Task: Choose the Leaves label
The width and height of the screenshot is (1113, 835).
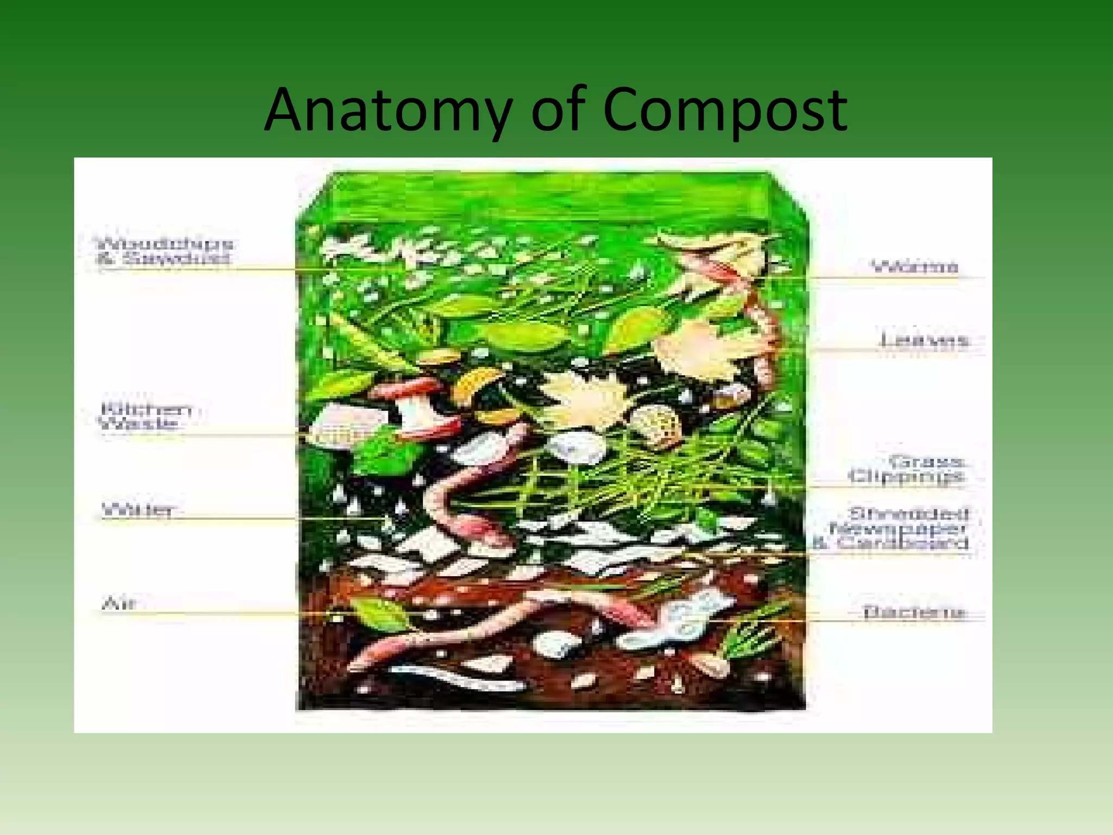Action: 924,340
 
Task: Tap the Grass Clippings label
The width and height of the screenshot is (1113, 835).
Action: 907,469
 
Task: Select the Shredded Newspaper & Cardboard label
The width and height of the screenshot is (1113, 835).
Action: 899,528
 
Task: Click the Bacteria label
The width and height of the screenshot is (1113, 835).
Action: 914,612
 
